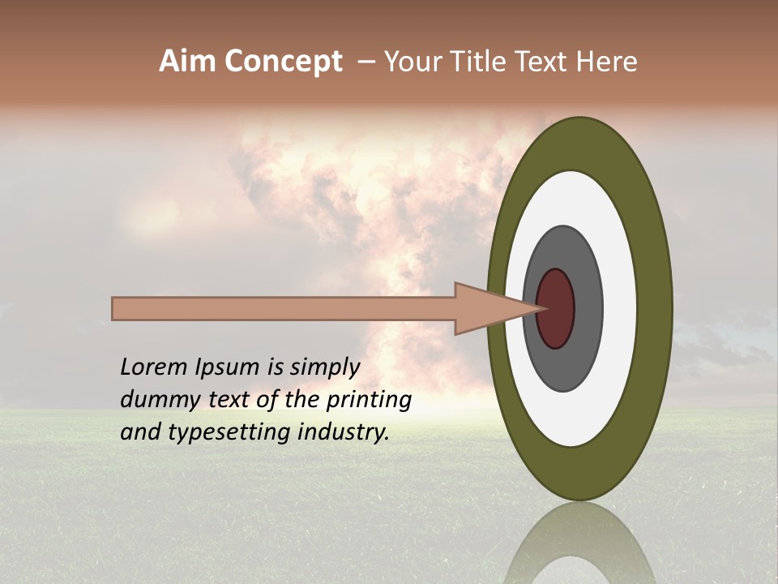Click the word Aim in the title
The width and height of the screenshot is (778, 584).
pos(189,62)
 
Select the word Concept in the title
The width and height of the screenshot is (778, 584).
pos(284,62)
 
